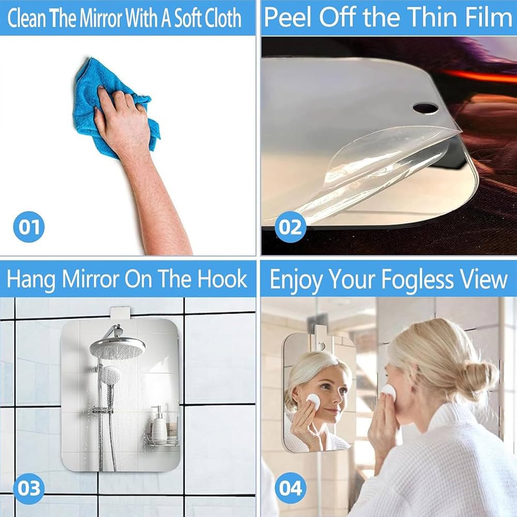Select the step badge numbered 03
[29, 488]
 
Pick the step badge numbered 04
[290, 488]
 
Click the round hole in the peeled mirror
[425, 107]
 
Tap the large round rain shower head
[117, 347]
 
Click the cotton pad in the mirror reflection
[313, 400]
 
